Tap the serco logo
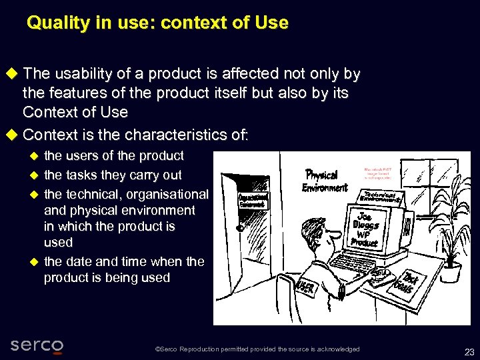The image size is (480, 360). pos(37,345)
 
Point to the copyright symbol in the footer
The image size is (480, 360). pos(157,349)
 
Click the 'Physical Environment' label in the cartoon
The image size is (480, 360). pos(324,180)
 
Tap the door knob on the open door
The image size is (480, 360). pos(239,227)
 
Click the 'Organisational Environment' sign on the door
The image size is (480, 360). pos(253,200)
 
